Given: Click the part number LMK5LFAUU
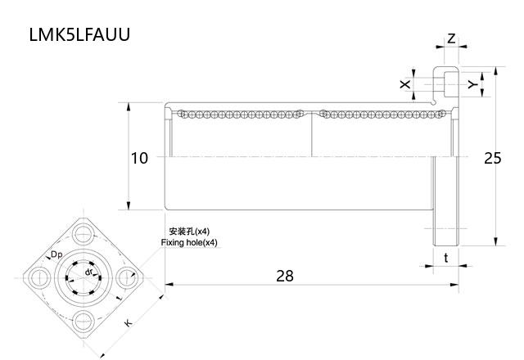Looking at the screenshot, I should pos(79,35).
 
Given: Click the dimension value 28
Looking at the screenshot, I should pos(284,276).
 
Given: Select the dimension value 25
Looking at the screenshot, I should pos(491,158).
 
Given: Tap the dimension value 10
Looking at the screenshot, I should pos(139,158).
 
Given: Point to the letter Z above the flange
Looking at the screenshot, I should pos(451,38).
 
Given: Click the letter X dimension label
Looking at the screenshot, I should pos(403,84).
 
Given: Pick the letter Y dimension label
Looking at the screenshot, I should pos(472,84).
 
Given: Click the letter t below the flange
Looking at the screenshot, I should pos(445,257).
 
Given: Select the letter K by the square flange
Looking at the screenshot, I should pos(128,324).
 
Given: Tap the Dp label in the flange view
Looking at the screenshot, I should pos(56,255).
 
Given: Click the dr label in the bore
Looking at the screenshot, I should pos(88,271).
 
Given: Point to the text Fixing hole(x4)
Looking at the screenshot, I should pos(189,243).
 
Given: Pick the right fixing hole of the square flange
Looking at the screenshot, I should pos(125,277).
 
